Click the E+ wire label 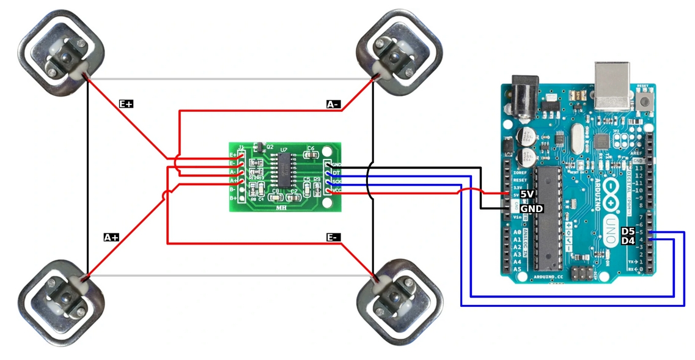126,105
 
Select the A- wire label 333,105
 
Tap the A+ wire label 111,237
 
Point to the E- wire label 333,237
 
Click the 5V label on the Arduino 528,194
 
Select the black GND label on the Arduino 531,208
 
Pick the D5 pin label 628,232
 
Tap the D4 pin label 628,241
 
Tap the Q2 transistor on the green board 258,146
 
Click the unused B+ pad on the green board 241,197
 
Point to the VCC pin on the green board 330,191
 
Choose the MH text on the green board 282,208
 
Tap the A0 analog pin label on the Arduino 518,233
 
